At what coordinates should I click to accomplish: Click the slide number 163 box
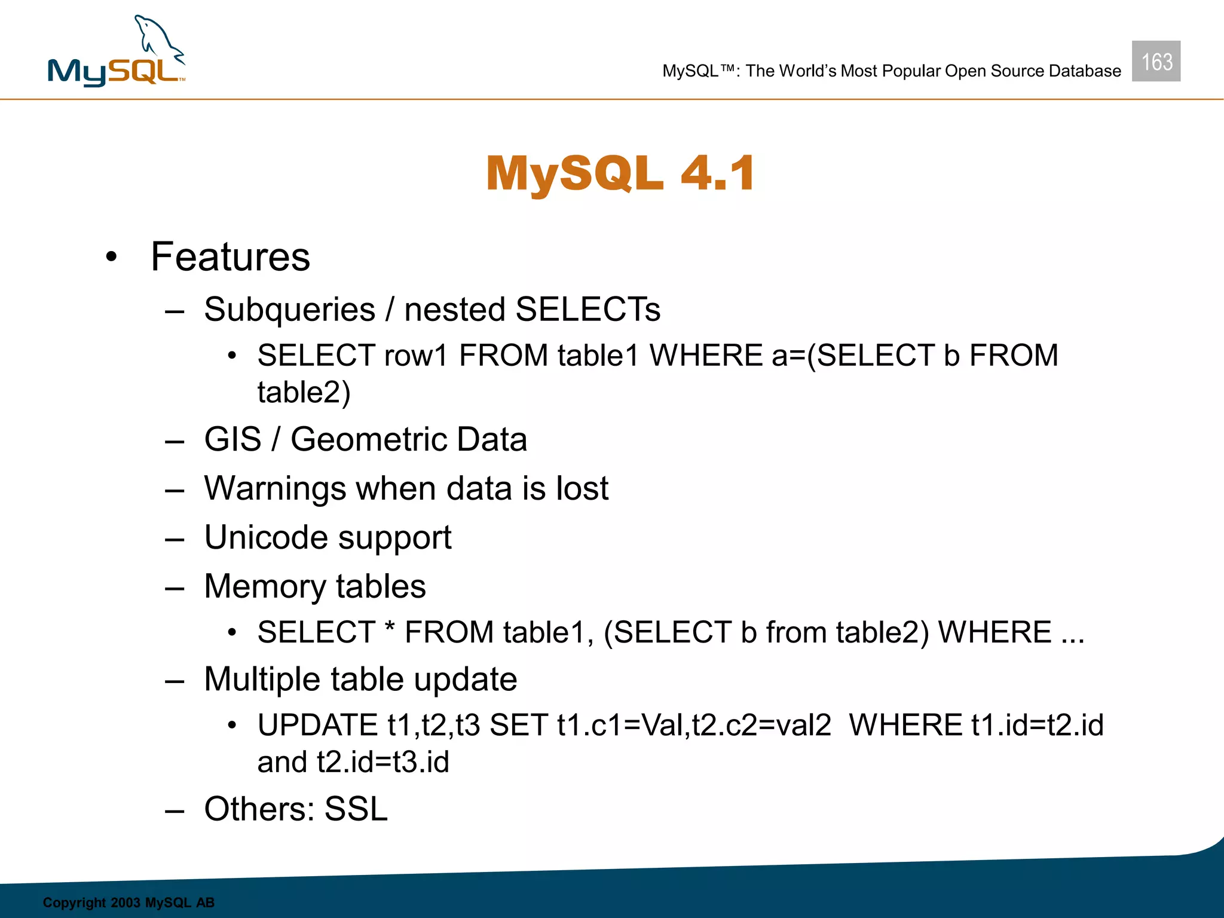pos(1156,61)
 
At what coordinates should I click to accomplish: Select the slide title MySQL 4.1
pos(620,173)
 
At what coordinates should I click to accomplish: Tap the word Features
pos(230,257)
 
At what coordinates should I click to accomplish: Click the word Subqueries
pos(289,310)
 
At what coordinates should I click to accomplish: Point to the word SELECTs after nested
pos(587,310)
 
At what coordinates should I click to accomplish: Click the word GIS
pos(232,439)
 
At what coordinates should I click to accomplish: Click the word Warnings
pos(275,489)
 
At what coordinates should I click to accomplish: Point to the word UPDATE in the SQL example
pos(317,726)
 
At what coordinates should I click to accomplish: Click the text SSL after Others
pos(356,809)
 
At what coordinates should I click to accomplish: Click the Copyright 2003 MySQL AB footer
pos(128,902)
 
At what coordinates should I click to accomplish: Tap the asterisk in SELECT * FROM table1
pos(390,628)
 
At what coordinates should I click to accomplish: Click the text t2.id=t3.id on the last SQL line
pos(382,763)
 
